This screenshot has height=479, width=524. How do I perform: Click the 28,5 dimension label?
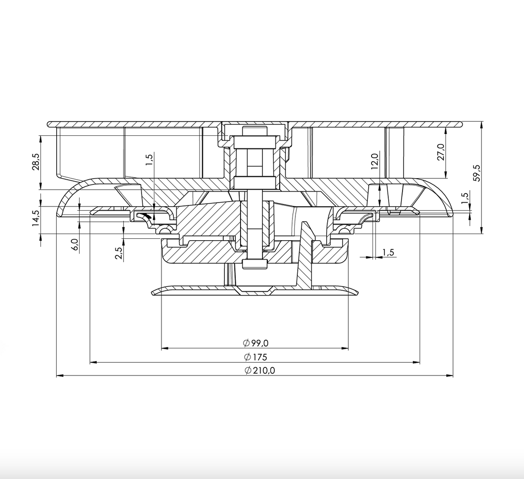pos(36,163)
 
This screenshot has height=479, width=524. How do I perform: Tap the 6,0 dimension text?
pos(74,245)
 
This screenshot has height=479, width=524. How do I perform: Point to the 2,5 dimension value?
pos(119,252)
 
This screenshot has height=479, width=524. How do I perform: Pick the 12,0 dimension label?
pos(374,162)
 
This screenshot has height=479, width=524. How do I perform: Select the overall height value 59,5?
pos(477,173)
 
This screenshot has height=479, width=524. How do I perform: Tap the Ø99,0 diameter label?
pos(255,343)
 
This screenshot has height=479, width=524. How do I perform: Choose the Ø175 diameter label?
pos(255,357)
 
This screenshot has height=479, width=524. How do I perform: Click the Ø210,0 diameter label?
pos(260,371)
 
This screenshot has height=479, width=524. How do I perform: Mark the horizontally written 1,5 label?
pos(388,252)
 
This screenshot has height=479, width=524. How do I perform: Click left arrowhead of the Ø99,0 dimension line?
pos(165,349)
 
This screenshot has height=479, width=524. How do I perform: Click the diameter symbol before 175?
pos(247,357)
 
